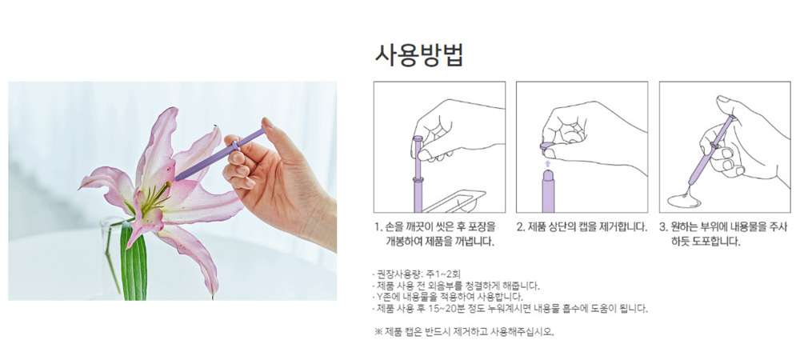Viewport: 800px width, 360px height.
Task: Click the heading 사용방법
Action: pos(419,55)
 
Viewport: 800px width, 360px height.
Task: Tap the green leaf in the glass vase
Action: pos(133,261)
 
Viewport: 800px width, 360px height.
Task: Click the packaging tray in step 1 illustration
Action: pos(454,201)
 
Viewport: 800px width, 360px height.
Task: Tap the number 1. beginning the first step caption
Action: pos(378,227)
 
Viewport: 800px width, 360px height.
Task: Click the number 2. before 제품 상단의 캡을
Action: pos(522,227)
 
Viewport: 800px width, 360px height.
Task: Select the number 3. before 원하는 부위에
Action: pos(664,227)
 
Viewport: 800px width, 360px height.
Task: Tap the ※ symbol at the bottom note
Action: pos(378,332)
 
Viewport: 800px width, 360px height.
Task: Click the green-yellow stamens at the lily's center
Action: pos(153,200)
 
